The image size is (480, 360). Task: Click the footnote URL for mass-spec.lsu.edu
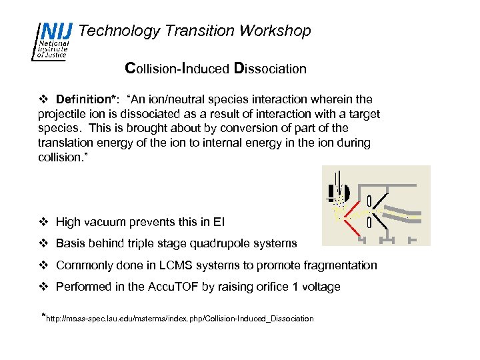179,319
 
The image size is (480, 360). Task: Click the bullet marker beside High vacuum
44,222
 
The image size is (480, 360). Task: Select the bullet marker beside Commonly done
44,265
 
